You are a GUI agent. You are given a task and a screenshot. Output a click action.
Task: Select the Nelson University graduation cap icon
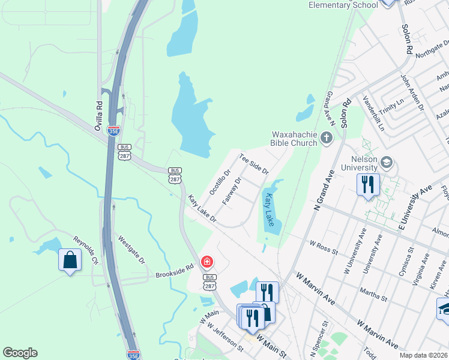tap(387, 163)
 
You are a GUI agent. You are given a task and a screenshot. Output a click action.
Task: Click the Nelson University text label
tap(359, 163)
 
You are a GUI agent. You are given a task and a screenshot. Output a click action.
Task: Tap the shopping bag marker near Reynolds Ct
tap(70, 260)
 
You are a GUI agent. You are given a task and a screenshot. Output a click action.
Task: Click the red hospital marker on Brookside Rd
tap(207, 262)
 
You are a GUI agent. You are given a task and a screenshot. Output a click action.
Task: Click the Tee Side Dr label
tap(253, 164)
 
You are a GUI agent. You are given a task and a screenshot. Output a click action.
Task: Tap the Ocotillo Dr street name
tap(220, 182)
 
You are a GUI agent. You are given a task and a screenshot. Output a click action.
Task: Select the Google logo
tap(20, 353)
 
